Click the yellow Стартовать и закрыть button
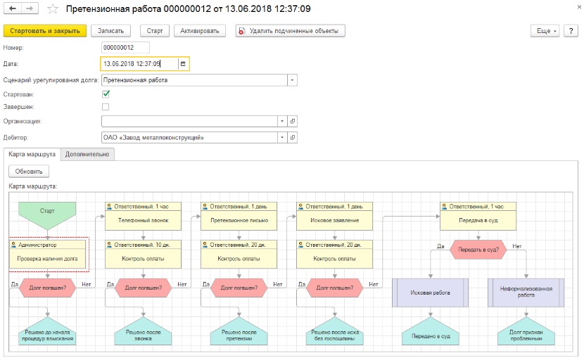45,31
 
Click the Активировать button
200,31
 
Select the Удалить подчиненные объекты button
290,31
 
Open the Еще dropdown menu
545,31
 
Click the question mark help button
571,31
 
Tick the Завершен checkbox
106,107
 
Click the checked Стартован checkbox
106,94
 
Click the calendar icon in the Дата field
183,64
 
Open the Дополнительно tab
87,154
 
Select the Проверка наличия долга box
47,255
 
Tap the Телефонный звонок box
143,216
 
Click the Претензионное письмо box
239,216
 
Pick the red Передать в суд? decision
478,250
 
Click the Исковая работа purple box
430,292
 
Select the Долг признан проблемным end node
526,331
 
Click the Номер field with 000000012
125,48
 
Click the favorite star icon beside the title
53,9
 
